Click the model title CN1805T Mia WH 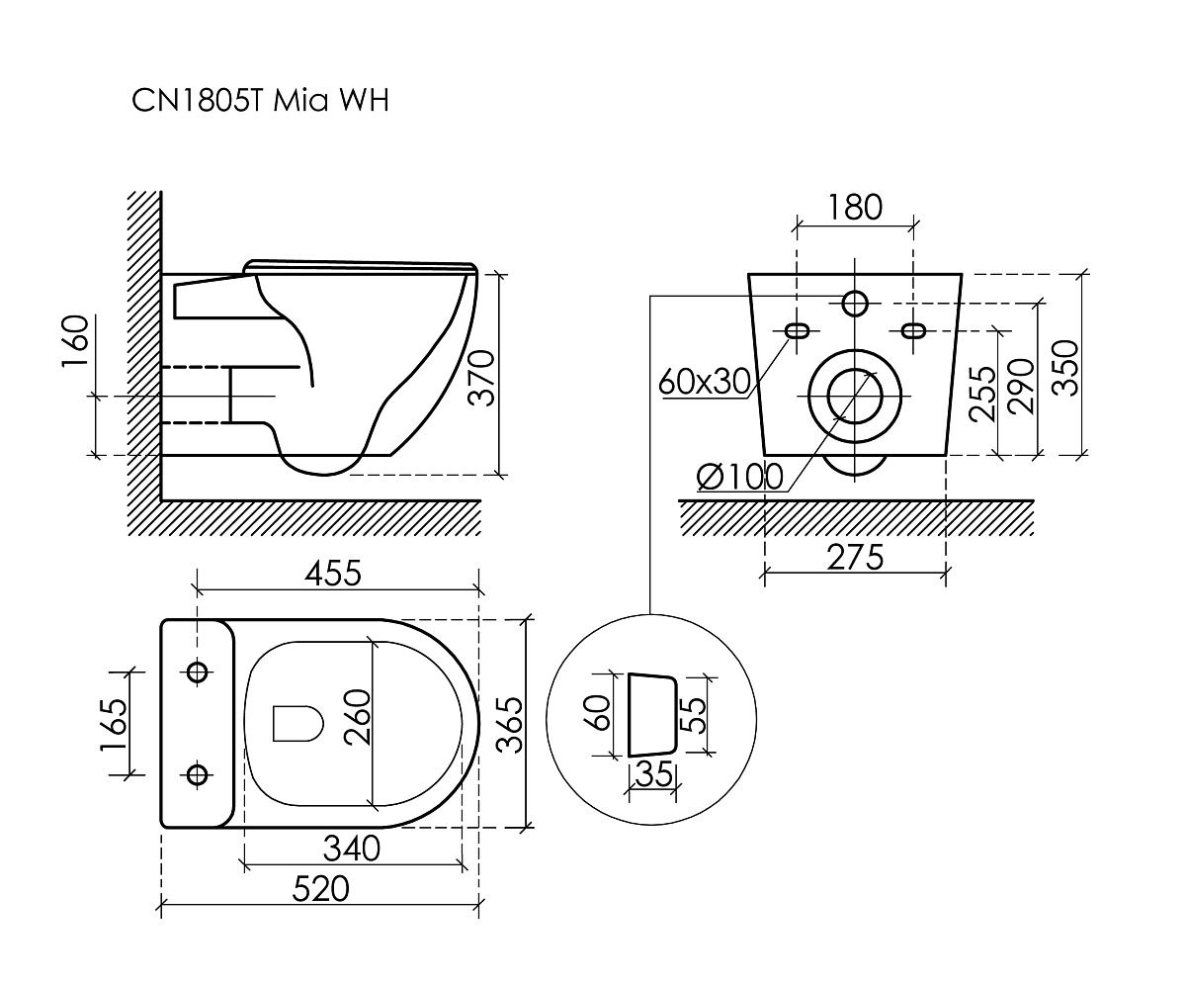(260, 101)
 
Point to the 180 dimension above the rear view (855, 208)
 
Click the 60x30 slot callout (706, 381)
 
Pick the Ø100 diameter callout (740, 477)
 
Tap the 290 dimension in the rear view (1022, 386)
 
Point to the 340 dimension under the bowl (351, 849)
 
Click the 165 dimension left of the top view (114, 724)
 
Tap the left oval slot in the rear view (797, 329)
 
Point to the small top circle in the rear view (855, 302)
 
